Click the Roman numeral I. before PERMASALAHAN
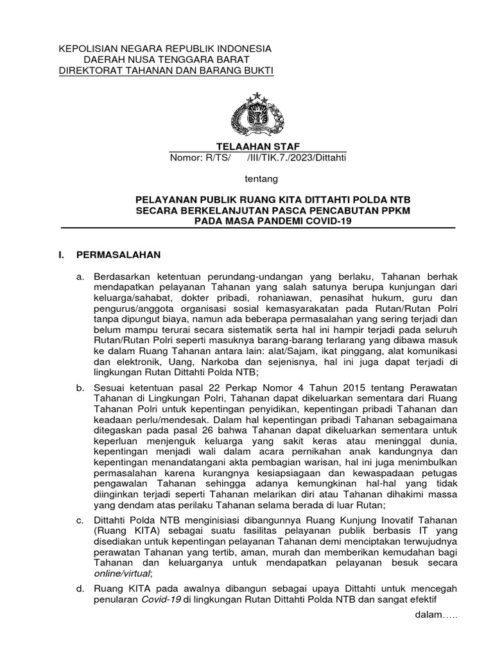62,255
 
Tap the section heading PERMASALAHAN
118,255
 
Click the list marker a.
80,276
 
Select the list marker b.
80,388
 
